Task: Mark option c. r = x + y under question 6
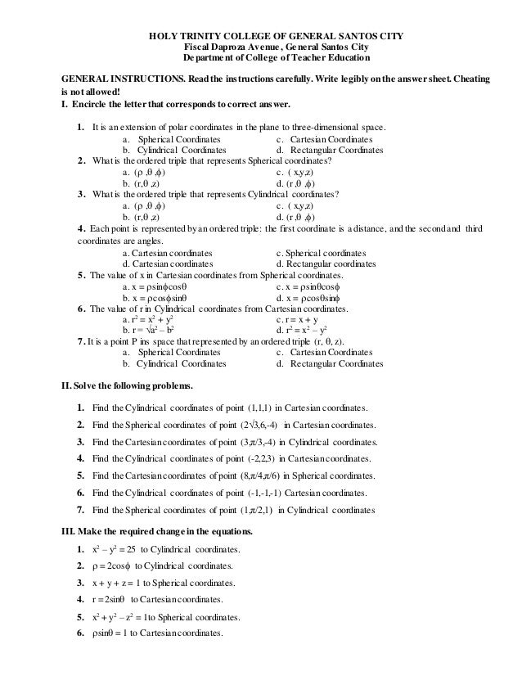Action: point(304,321)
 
